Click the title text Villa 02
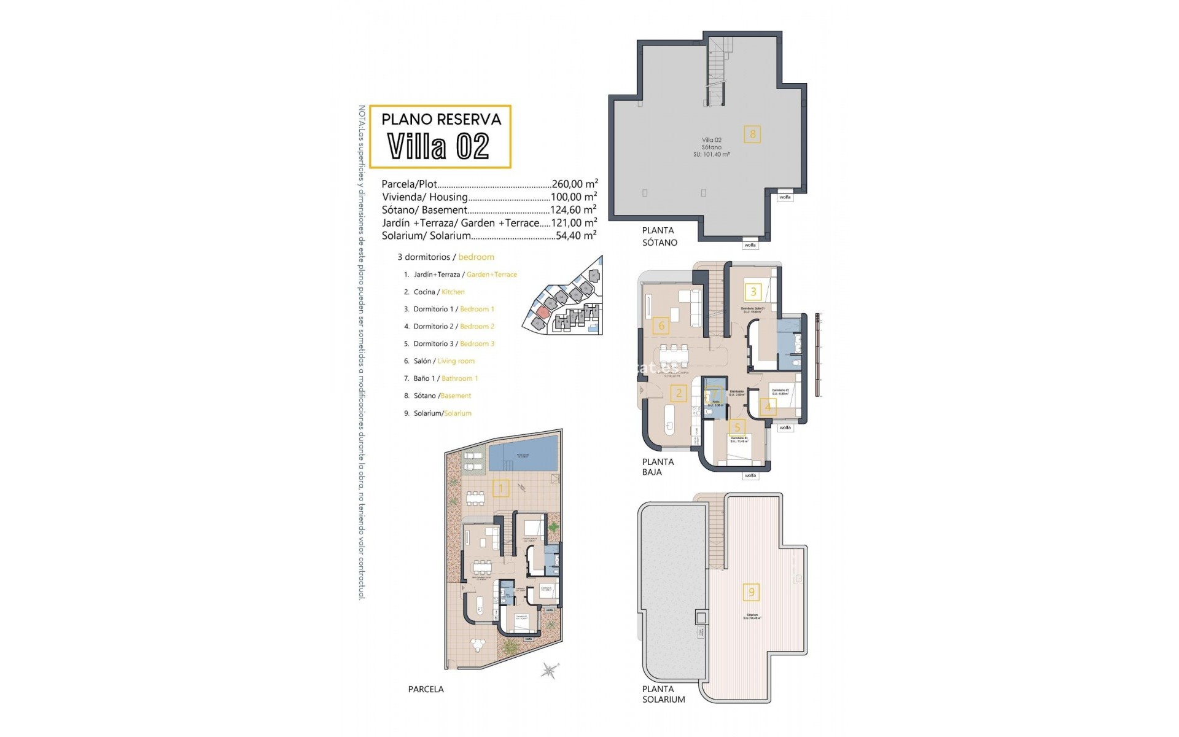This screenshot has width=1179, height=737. pos(439,146)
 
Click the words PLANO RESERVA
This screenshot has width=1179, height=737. pos(442,119)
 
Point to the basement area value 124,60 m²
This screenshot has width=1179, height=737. pos(573,210)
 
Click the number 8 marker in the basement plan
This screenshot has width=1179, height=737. pos(752,134)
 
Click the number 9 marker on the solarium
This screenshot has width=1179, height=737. pos(751,592)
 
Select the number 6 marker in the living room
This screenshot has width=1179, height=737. pos(661,325)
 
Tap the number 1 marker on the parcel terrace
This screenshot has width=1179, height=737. pos(501,489)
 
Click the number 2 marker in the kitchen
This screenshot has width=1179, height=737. pos(678,393)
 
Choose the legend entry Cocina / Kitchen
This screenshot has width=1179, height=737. pos(438,292)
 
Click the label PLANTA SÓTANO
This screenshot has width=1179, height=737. pos(660,236)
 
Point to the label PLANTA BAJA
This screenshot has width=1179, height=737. pos(658,467)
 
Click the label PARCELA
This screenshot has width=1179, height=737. pos(426,689)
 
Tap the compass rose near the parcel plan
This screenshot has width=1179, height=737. pos(550,670)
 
